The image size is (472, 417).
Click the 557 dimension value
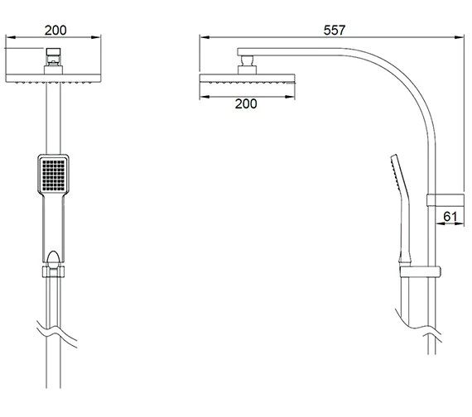(335, 30)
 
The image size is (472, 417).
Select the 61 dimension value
(450, 216)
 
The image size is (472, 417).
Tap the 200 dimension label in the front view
(55, 30)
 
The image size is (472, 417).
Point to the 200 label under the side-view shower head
(246, 103)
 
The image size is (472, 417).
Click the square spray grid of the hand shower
(54, 175)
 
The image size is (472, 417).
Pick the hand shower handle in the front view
(54, 228)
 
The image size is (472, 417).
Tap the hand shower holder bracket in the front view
(53, 271)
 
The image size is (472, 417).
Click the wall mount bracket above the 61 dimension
(446, 200)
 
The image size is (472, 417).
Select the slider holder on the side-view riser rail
(420, 271)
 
